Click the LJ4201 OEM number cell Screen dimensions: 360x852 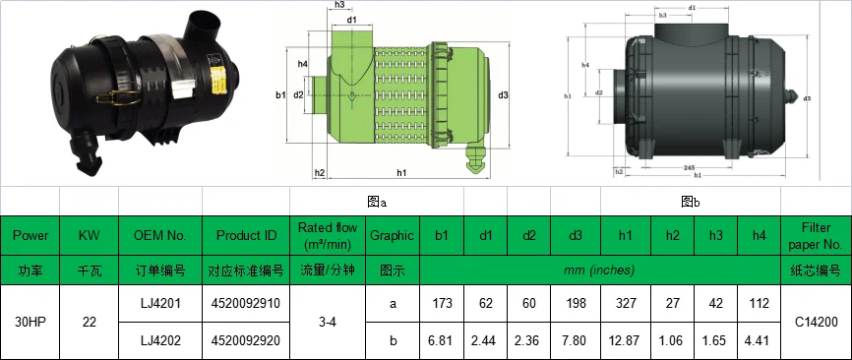pyautogui.click(x=159, y=304)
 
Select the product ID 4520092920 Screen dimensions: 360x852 pyautogui.click(x=245, y=339)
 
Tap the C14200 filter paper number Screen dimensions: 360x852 pyautogui.click(x=816, y=322)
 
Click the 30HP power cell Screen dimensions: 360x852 pyautogui.click(x=30, y=322)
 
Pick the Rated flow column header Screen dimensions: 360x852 pyautogui.click(x=328, y=236)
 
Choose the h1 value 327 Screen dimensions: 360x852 pyautogui.click(x=626, y=304)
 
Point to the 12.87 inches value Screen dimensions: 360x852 pyautogui.click(x=626, y=339)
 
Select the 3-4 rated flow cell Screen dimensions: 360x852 pyautogui.click(x=328, y=322)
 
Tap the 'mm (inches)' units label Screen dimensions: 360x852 pyautogui.click(x=599, y=269)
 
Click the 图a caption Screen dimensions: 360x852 pyautogui.click(x=376, y=201)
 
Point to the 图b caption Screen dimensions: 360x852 pyautogui.click(x=691, y=201)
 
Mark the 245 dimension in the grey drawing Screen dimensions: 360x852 pyautogui.click(x=690, y=168)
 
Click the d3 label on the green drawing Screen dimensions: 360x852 pyautogui.click(x=503, y=95)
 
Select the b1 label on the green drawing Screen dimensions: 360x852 pyautogui.click(x=280, y=94)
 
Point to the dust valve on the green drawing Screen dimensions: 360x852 pyautogui.click(x=476, y=159)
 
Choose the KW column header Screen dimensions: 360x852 pyautogui.click(x=89, y=236)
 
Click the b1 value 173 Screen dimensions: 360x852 pyautogui.click(x=442, y=304)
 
